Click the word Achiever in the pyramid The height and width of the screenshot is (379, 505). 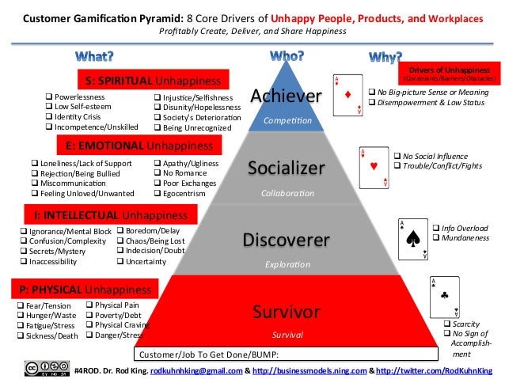pyautogui.click(x=286, y=97)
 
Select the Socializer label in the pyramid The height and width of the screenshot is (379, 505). pyautogui.click(x=286, y=168)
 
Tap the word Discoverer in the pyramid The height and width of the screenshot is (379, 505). pyautogui.click(x=286, y=238)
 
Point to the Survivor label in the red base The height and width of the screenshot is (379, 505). pyautogui.click(x=286, y=309)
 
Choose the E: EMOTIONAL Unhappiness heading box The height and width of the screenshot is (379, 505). pyautogui.click(x=135, y=146)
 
